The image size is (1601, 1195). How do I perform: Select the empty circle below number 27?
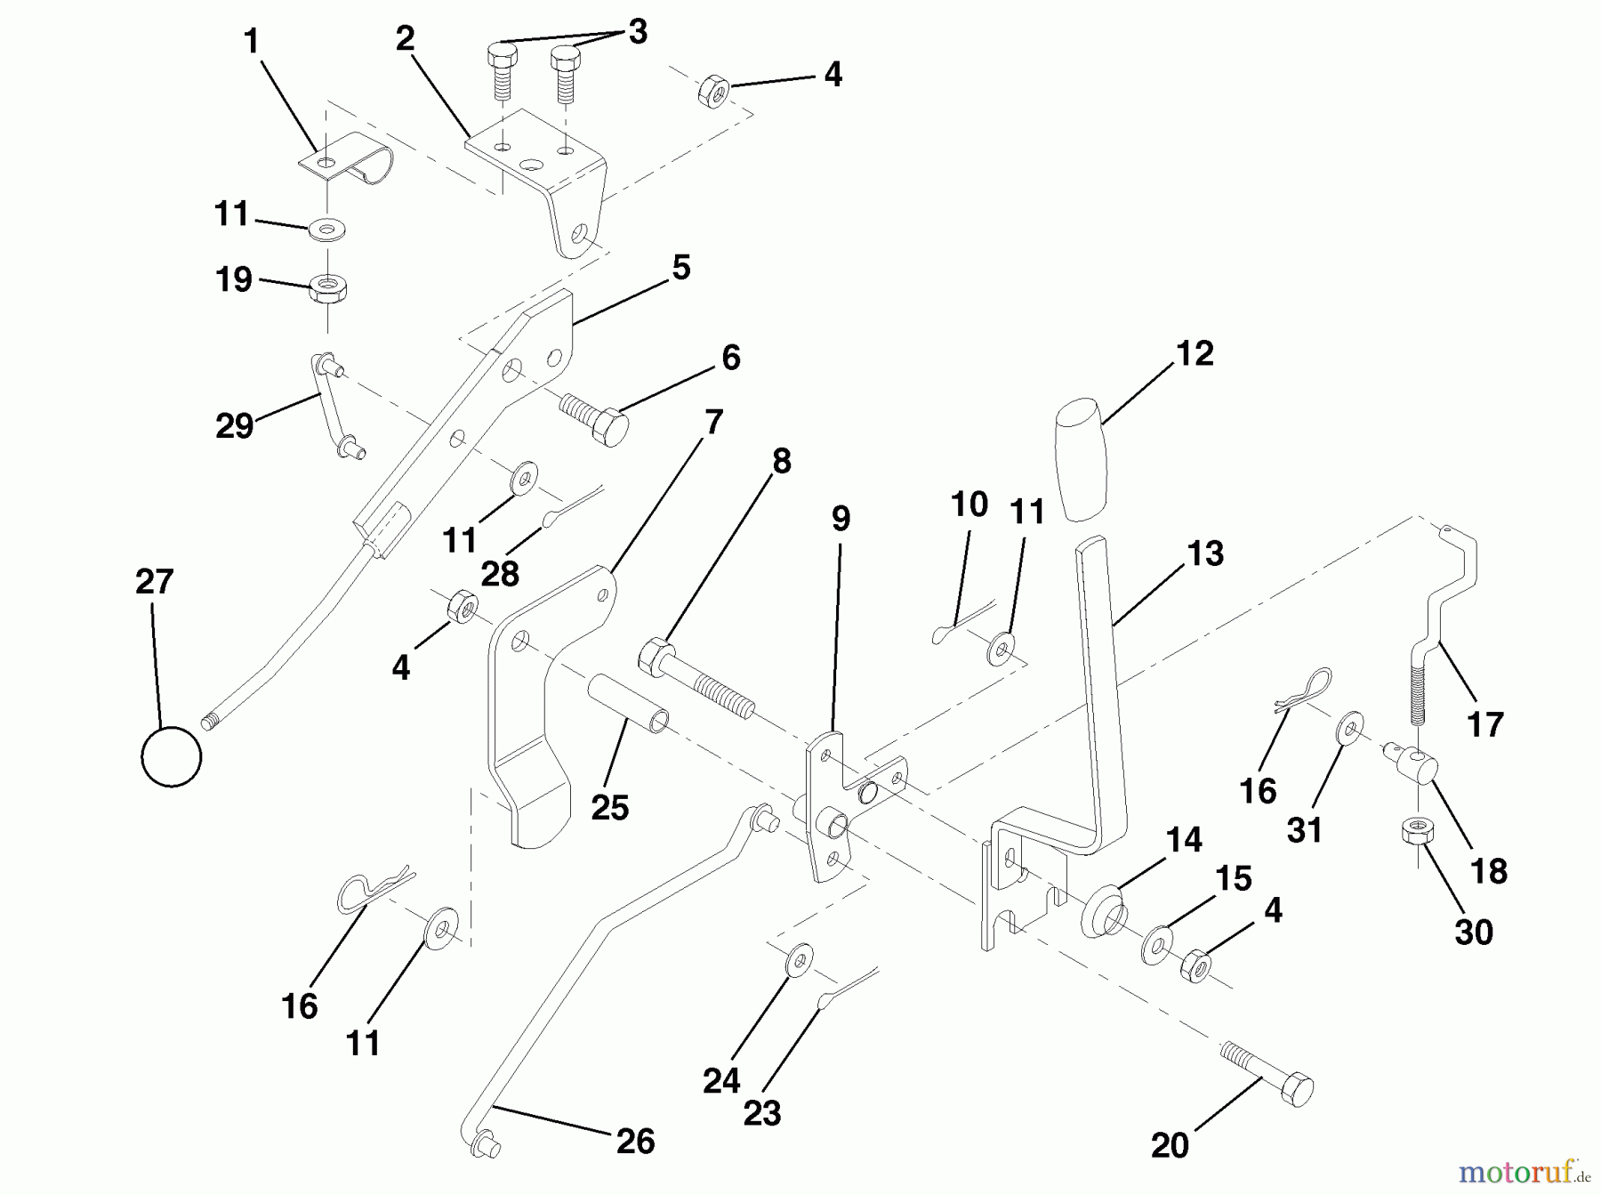pyautogui.click(x=172, y=756)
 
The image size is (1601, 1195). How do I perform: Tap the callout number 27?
pyautogui.click(x=154, y=582)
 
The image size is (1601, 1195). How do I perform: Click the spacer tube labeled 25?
pyautogui.click(x=627, y=703)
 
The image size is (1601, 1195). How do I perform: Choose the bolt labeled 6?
pyautogui.click(x=593, y=421)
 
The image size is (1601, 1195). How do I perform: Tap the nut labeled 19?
pyautogui.click(x=328, y=289)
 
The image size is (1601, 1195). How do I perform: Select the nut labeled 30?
pyautogui.click(x=1415, y=832)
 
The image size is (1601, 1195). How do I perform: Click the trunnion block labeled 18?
pyautogui.click(x=1415, y=763)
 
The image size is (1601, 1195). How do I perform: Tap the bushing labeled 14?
pyautogui.click(x=1104, y=908)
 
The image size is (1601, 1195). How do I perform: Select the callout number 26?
pyautogui.click(x=635, y=1142)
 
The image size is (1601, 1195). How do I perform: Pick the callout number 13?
pyautogui.click(x=1205, y=553)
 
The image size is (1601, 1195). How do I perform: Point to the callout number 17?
pyautogui.click(x=1484, y=724)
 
